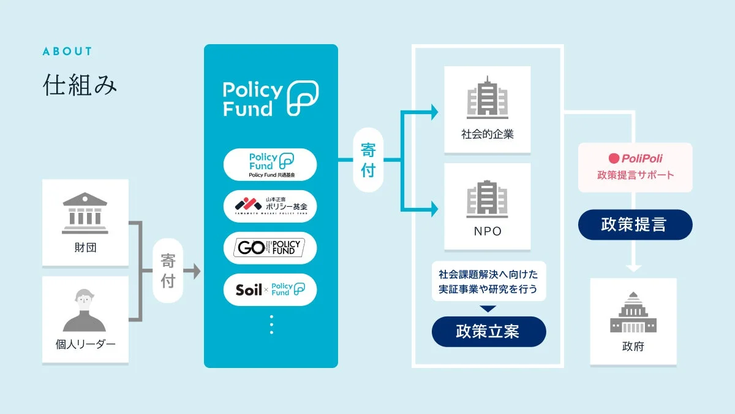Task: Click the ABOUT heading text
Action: (67, 52)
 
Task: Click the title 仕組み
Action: (80, 85)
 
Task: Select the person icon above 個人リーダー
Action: (85, 310)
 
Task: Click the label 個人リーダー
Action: (85, 344)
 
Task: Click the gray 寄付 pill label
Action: (168, 271)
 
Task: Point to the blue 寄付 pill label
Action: (368, 161)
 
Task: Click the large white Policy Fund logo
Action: (270, 99)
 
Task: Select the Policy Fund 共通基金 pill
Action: (270, 164)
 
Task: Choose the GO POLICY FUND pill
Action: (270, 248)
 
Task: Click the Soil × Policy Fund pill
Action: (270, 289)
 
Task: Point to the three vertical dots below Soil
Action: (271, 324)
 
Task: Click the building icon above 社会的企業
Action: (487, 98)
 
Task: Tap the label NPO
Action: (487, 231)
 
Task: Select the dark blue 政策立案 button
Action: (488, 332)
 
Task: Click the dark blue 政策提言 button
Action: (635, 225)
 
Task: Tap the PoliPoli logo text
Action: (635, 158)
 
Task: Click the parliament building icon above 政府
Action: (633, 315)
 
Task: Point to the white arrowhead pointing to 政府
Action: (633, 267)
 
